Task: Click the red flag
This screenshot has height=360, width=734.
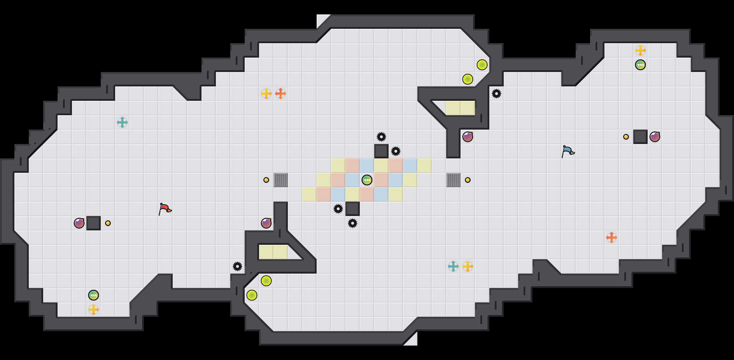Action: [x=165, y=209]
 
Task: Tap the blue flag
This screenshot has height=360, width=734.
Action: [x=568, y=151]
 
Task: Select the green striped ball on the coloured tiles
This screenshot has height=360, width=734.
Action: [x=367, y=180]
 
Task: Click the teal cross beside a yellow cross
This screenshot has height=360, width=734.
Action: [x=453, y=266]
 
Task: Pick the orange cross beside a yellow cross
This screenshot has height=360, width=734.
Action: [x=281, y=94]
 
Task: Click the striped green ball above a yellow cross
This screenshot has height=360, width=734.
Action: [x=94, y=295]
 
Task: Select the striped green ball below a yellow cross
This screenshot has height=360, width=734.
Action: [x=640, y=65]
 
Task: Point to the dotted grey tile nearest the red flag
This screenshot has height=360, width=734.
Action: [x=281, y=180]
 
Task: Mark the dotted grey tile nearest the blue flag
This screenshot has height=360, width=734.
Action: [x=453, y=180]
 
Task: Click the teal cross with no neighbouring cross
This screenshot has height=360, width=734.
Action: [x=122, y=122]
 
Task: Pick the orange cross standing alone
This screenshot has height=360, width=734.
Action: [x=612, y=238]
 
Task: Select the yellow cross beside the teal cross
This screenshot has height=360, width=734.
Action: [x=468, y=266]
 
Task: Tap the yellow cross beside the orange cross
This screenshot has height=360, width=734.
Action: [x=266, y=94]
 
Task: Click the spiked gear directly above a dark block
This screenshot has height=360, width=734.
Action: [x=381, y=137]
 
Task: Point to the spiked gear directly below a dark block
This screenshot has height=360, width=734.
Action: [x=353, y=223]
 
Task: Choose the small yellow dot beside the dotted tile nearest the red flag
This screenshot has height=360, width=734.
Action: [x=266, y=180]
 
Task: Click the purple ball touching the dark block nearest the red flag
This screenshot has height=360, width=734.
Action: [x=79, y=223]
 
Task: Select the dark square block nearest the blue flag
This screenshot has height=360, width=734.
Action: [x=640, y=137]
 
